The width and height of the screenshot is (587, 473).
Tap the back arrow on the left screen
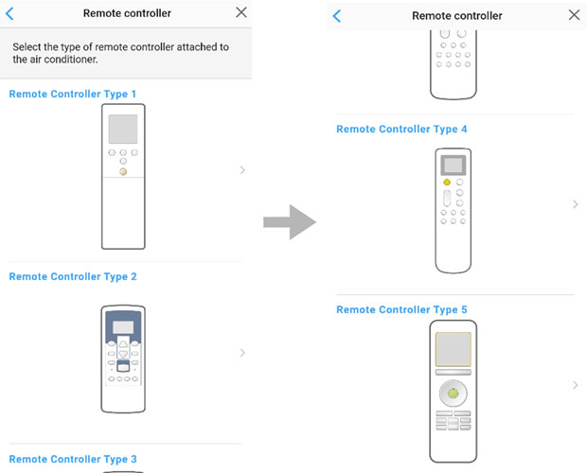pyautogui.click(x=9, y=14)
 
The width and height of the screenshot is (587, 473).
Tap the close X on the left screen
pyautogui.click(x=241, y=12)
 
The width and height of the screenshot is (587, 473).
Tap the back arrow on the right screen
pyautogui.click(x=337, y=16)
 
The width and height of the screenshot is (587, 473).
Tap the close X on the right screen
pyautogui.click(x=574, y=15)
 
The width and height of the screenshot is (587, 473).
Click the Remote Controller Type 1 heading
pyautogui.click(x=73, y=94)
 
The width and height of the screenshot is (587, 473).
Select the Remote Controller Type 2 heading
pyautogui.click(x=73, y=276)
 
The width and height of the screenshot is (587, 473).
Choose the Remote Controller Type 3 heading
pyautogui.click(x=73, y=459)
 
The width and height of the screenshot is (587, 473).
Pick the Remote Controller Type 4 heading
pyautogui.click(x=401, y=129)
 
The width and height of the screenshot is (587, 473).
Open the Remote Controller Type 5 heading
pyautogui.click(x=401, y=309)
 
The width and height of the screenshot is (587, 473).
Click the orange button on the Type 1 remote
pyautogui.click(x=123, y=171)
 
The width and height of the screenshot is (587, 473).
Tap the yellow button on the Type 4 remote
pyautogui.click(x=447, y=182)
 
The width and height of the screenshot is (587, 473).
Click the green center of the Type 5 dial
pyautogui.click(x=453, y=394)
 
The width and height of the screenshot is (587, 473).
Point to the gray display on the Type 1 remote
pyautogui.click(x=123, y=129)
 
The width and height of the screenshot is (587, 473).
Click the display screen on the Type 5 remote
pyautogui.click(x=454, y=349)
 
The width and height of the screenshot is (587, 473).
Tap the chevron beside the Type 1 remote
pyautogui.click(x=242, y=170)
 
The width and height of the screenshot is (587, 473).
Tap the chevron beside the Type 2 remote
pyautogui.click(x=242, y=353)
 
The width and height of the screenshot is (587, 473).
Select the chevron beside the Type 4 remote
pyautogui.click(x=576, y=204)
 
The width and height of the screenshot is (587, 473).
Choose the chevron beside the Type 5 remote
pyautogui.click(x=576, y=385)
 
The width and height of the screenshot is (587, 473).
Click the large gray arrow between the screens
pyautogui.click(x=290, y=222)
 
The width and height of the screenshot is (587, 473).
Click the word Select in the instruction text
pyautogui.click(x=27, y=47)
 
